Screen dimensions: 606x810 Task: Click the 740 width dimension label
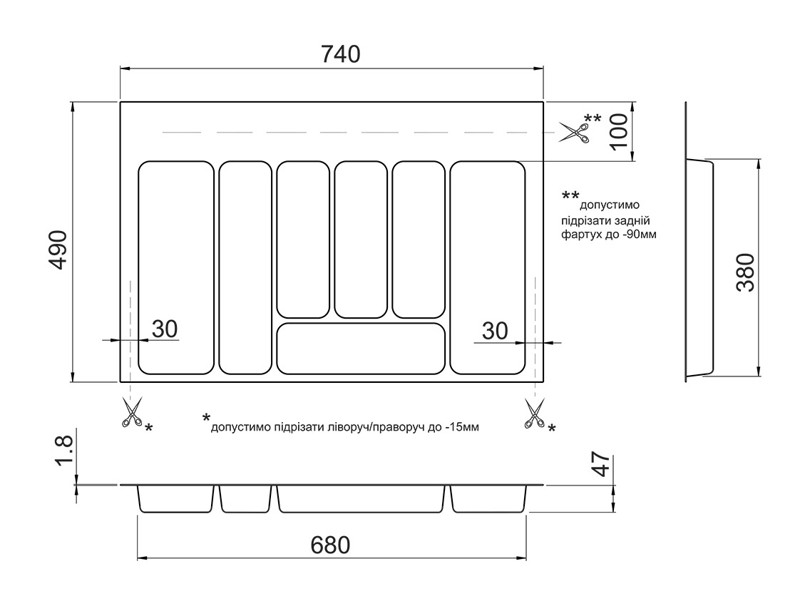click(x=331, y=53)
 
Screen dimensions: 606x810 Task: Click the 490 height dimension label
click(x=57, y=250)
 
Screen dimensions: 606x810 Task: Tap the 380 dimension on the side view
click(x=744, y=272)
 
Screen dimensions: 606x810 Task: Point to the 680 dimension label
click(x=331, y=545)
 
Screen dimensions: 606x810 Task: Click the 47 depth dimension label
click(x=601, y=465)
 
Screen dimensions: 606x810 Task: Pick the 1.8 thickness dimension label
click(x=63, y=452)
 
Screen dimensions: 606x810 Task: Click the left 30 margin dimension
click(x=164, y=329)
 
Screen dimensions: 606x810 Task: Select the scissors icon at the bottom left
click(x=131, y=413)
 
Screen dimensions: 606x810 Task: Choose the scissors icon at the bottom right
click(x=533, y=414)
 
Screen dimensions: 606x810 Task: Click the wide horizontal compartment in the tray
click(x=361, y=348)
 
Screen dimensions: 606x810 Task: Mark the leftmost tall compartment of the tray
click(x=175, y=267)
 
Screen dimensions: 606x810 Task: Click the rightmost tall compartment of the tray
click(x=488, y=267)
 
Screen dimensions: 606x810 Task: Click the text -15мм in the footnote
click(x=462, y=428)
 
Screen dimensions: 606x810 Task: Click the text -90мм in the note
click(x=640, y=234)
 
